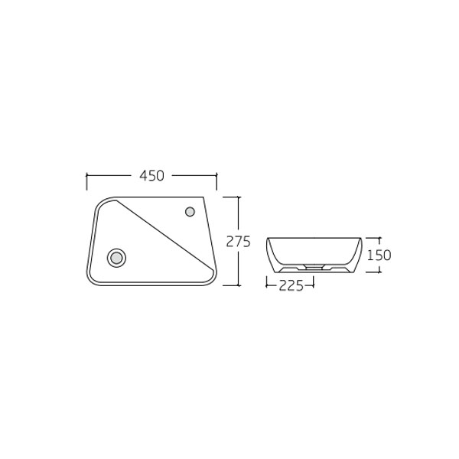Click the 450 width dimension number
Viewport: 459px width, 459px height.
[151, 176]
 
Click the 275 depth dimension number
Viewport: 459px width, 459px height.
[239, 241]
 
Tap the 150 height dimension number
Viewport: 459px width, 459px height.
[379, 256]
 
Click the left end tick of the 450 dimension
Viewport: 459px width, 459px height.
[86, 181]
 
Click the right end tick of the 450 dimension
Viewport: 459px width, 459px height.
[216, 181]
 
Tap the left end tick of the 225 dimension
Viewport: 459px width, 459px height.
[266, 285]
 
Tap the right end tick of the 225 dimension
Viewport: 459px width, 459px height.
[314, 285]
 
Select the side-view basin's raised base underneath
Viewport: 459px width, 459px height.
[314, 269]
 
